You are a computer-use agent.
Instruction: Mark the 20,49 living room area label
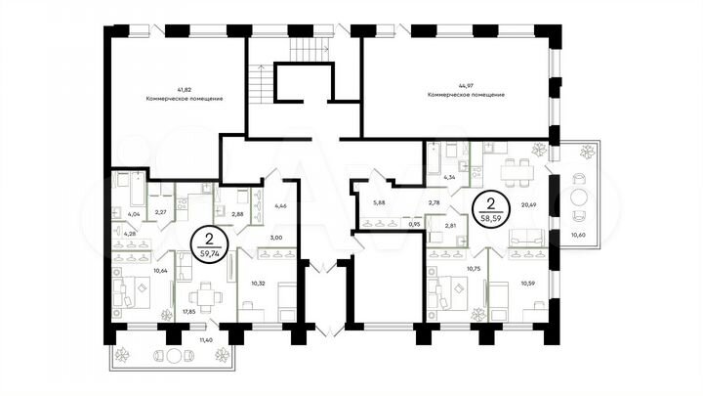529,203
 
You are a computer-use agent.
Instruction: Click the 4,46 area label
280,206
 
